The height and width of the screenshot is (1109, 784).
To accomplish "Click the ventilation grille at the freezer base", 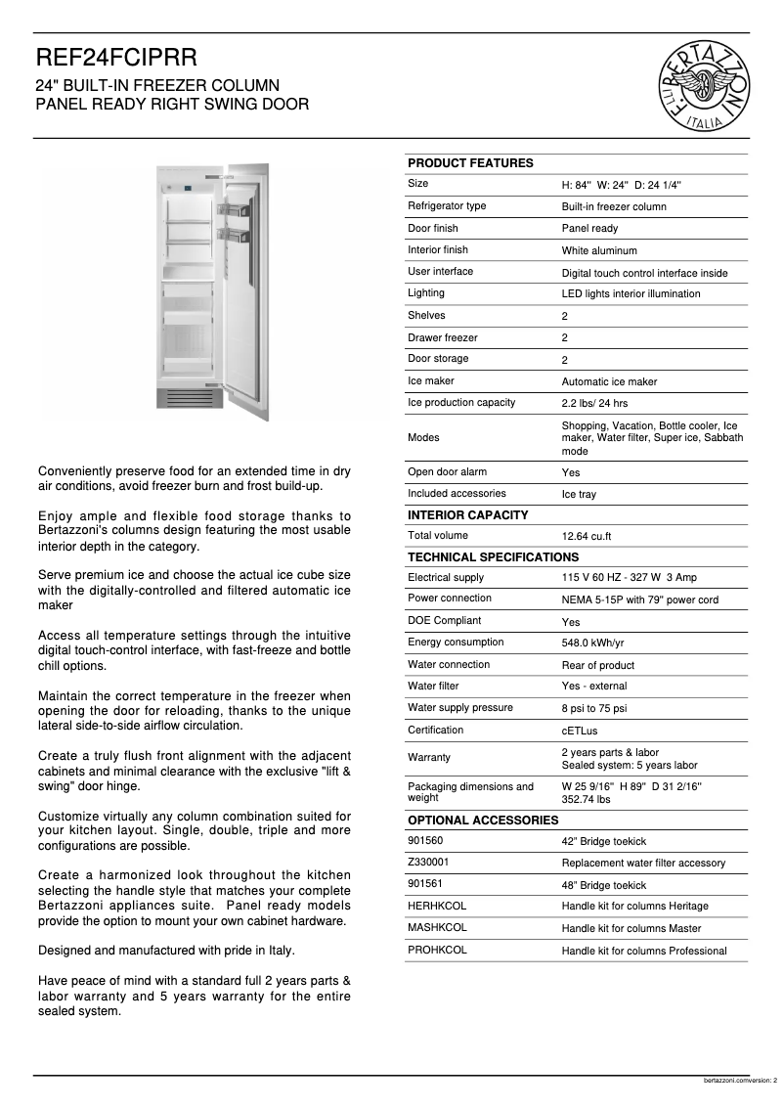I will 191,399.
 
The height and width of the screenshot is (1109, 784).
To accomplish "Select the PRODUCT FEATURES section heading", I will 470,163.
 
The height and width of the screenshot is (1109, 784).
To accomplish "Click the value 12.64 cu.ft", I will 587,537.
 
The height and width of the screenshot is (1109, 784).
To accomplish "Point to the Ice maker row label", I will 431,380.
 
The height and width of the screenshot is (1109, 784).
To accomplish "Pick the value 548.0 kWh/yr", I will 592,643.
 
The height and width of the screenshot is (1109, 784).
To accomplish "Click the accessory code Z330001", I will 428,862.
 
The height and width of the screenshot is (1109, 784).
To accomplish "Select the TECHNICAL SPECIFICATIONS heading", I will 493,556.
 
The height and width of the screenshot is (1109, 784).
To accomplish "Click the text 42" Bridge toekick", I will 603,841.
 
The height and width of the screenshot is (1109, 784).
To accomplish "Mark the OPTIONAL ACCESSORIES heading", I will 482,820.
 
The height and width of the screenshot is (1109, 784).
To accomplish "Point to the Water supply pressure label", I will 459,707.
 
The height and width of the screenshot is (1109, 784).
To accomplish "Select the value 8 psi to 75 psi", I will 593,709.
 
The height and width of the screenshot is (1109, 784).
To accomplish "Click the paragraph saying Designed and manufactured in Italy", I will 166,950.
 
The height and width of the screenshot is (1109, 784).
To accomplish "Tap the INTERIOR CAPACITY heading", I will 467,514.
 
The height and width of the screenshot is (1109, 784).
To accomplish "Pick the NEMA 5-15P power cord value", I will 639,599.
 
